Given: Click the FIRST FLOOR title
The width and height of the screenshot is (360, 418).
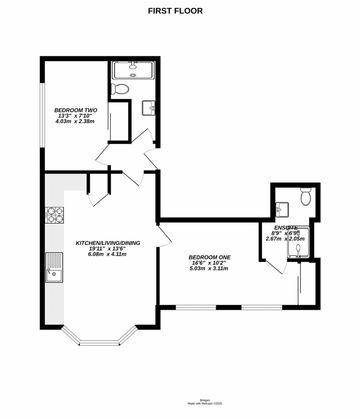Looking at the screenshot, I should tap(175, 11).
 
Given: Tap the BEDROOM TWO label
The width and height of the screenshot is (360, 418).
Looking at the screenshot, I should tap(76, 110).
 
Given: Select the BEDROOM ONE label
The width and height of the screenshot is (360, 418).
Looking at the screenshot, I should tap(209, 257).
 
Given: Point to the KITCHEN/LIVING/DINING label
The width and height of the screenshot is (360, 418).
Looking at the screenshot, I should tap(108, 243).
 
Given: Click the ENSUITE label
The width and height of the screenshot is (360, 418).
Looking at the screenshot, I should tap(286, 228).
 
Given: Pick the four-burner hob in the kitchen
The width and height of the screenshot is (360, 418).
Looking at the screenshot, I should tap(55, 215).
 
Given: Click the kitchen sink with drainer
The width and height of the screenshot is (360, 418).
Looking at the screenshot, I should tap(54, 268).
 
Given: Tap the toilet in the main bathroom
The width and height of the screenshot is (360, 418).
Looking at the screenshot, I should tap(120, 89).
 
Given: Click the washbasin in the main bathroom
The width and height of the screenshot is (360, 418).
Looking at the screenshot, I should tap(149, 108).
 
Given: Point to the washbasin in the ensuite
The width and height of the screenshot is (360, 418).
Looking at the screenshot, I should tap(282, 210).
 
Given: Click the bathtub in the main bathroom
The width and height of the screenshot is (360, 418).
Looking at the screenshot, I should tap(133, 70).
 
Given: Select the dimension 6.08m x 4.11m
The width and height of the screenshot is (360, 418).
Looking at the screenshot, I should tap(108, 254).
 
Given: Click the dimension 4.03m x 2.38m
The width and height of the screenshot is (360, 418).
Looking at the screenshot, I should tap(76, 121).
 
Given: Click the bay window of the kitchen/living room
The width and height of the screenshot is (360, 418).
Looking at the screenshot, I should tap(100, 338).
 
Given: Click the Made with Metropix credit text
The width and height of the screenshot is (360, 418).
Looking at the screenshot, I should tap(204, 403).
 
